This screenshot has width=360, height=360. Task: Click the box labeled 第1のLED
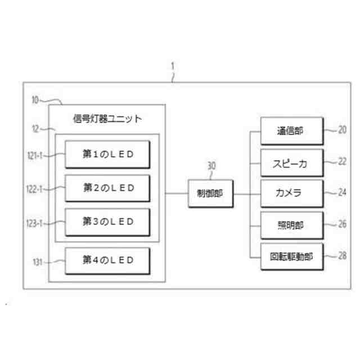[x=107, y=154]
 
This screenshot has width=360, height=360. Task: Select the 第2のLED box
[x=107, y=187]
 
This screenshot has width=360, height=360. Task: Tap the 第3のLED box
[x=107, y=222]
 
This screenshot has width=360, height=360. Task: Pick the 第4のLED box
[x=107, y=259]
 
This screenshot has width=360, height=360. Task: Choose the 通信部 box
[x=291, y=130]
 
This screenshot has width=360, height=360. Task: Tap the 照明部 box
[x=291, y=225]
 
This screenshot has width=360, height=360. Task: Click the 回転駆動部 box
[x=291, y=256]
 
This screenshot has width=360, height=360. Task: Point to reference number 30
[x=211, y=166]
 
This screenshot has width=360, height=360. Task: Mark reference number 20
[x=341, y=130]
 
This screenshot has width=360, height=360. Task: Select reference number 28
[x=341, y=256]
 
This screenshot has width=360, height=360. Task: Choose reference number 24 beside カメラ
[x=341, y=193]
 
